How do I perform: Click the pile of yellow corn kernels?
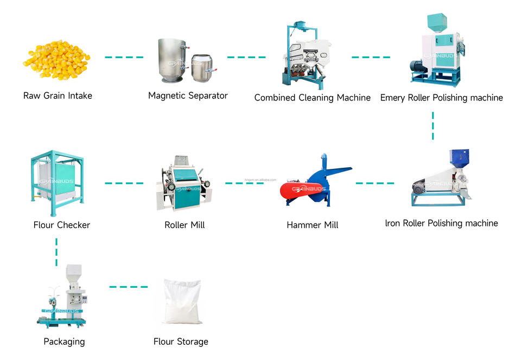click(x=56, y=60)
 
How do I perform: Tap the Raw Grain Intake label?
click(x=58, y=96)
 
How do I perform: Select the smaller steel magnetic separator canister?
click(x=202, y=67)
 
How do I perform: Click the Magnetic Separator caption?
click(x=188, y=96)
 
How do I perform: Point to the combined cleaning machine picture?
click(x=307, y=55)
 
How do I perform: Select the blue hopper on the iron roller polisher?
click(x=459, y=158)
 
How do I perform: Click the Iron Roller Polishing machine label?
click(x=441, y=223)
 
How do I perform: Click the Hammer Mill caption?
click(x=313, y=225)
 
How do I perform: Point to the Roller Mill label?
click(x=185, y=225)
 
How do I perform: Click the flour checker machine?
click(x=57, y=182)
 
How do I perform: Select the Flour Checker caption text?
click(x=61, y=225)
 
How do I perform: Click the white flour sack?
click(x=182, y=301)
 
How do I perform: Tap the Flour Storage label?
click(x=181, y=342)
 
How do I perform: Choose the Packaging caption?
click(x=64, y=342)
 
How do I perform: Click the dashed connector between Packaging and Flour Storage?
click(x=129, y=287)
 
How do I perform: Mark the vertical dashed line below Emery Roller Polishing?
click(x=433, y=125)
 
